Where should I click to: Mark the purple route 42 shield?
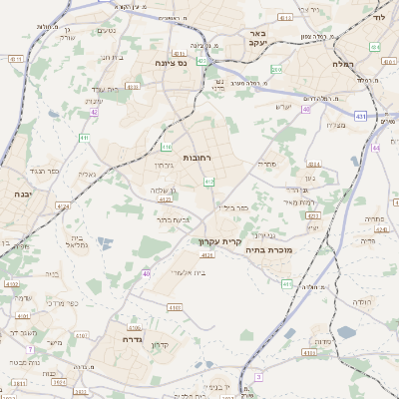pos(94,113)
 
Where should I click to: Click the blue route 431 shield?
pos(361,118)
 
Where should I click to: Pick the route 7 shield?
pos(31,349)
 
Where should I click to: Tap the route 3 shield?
pos(258,376)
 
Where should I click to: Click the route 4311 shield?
pos(312,214)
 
